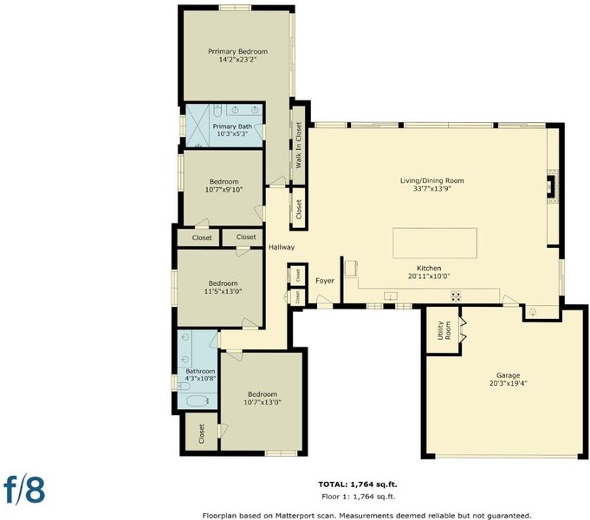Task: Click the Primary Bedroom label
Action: point(237,51)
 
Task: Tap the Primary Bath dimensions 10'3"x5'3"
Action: point(232,133)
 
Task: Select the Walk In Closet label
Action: point(298,145)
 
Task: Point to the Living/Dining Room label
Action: point(432,180)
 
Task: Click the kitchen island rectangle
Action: point(435,243)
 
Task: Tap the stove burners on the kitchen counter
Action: point(456,296)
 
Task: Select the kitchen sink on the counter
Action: point(391,296)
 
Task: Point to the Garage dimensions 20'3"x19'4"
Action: point(509,383)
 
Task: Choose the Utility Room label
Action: point(444,330)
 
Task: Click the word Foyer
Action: point(325,281)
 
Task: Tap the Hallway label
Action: point(282,247)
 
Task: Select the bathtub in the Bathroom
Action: point(198,401)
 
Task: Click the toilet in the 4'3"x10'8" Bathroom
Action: point(184,387)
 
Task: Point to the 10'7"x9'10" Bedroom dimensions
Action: point(224,190)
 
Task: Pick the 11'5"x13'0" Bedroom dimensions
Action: point(223,291)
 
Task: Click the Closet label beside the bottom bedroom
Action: point(201,433)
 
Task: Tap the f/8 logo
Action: point(24,490)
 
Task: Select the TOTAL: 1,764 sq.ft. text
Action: point(358,484)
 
